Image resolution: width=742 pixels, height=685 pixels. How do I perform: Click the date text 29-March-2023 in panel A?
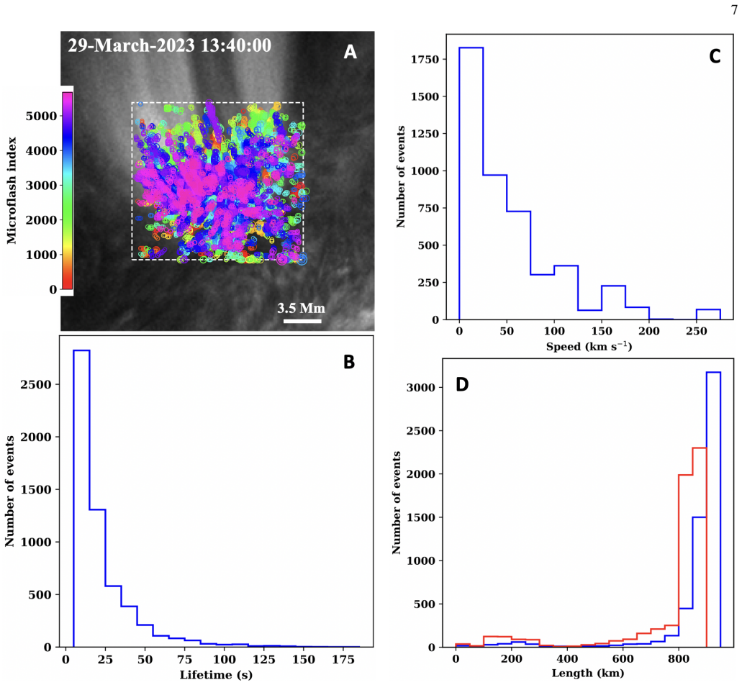pyautogui.click(x=131, y=45)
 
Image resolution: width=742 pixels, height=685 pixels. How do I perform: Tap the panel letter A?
pyautogui.click(x=350, y=52)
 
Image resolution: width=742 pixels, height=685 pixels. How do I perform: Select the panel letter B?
pyautogui.click(x=349, y=362)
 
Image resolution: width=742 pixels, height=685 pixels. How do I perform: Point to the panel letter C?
pyautogui.click(x=715, y=56)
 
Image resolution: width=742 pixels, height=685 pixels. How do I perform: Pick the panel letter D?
pyautogui.click(x=462, y=385)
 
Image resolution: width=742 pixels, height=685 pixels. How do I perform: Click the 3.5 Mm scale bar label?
pyautogui.click(x=301, y=309)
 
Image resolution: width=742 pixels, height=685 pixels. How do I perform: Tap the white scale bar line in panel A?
pyautogui.click(x=302, y=321)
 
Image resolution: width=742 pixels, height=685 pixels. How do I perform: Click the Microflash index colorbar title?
pyautogui.click(x=12, y=191)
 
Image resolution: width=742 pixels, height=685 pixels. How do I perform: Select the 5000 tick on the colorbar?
pyautogui.click(x=41, y=116)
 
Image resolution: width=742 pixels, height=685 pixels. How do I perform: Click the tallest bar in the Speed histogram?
pyautogui.click(x=471, y=183)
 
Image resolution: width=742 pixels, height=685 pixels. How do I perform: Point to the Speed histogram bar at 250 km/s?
pyautogui.click(x=708, y=314)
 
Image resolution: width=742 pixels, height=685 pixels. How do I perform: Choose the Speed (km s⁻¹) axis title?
pyautogui.click(x=589, y=346)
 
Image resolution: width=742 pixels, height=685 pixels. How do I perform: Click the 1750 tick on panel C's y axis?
pyautogui.click(x=425, y=59)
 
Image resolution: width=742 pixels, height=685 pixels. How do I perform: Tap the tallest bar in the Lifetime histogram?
pyautogui.click(x=81, y=499)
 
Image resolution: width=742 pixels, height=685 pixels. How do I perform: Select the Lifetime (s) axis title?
pyautogui.click(x=216, y=675)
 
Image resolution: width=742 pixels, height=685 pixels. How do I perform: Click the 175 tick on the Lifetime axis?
pyautogui.click(x=343, y=660)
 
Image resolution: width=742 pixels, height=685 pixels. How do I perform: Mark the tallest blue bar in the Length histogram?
pyautogui.click(x=714, y=509)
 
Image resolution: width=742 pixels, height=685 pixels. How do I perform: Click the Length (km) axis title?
pyautogui.click(x=588, y=673)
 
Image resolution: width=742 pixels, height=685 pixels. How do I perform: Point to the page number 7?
pyautogui.click(x=734, y=9)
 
